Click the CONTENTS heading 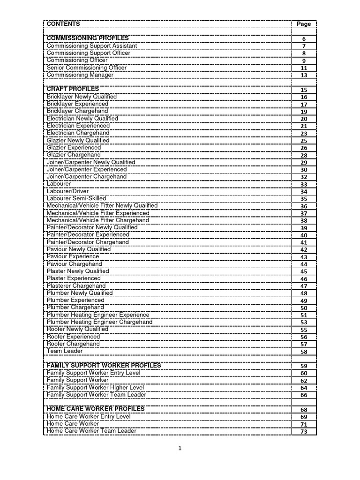pos(63,24)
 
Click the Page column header pos(304,24)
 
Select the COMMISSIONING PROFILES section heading pos(88,38)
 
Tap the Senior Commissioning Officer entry pos(87,67)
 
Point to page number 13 pos(304,75)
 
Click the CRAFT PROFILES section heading pos(73,89)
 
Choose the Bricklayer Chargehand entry pos(77,111)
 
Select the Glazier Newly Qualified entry pos(78,140)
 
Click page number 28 pos(304,155)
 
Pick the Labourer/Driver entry pos(67,191)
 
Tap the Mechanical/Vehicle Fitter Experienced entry pos(98,213)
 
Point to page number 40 pos(304,235)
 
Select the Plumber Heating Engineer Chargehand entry pos(99,322)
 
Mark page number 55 pos(304,330)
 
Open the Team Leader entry pos(65,351)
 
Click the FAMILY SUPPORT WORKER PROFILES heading pos(104,365)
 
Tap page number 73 pos(304,432)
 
